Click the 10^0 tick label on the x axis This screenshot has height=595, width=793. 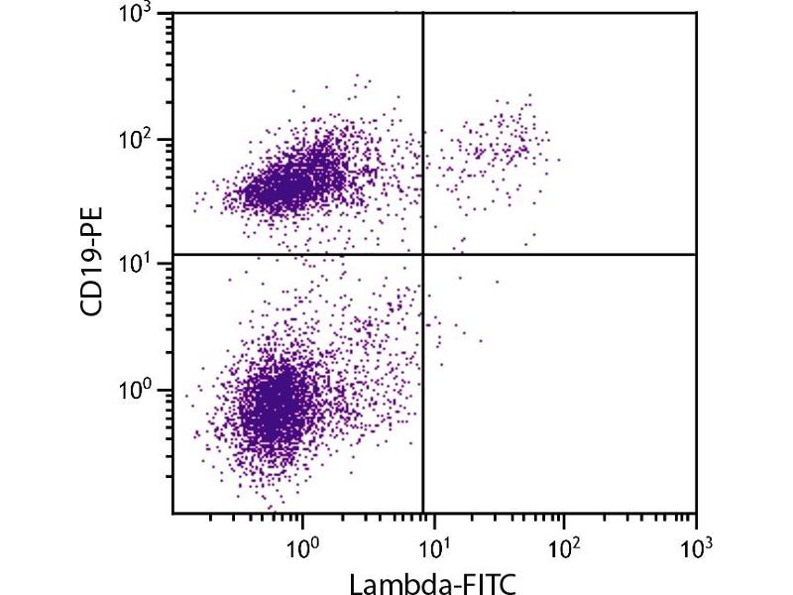302,546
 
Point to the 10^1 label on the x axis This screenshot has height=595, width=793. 433,546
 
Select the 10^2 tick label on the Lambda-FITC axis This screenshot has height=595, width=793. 564,546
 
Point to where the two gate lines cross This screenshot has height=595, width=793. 423,255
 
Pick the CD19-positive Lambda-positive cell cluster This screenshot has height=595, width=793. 496,144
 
